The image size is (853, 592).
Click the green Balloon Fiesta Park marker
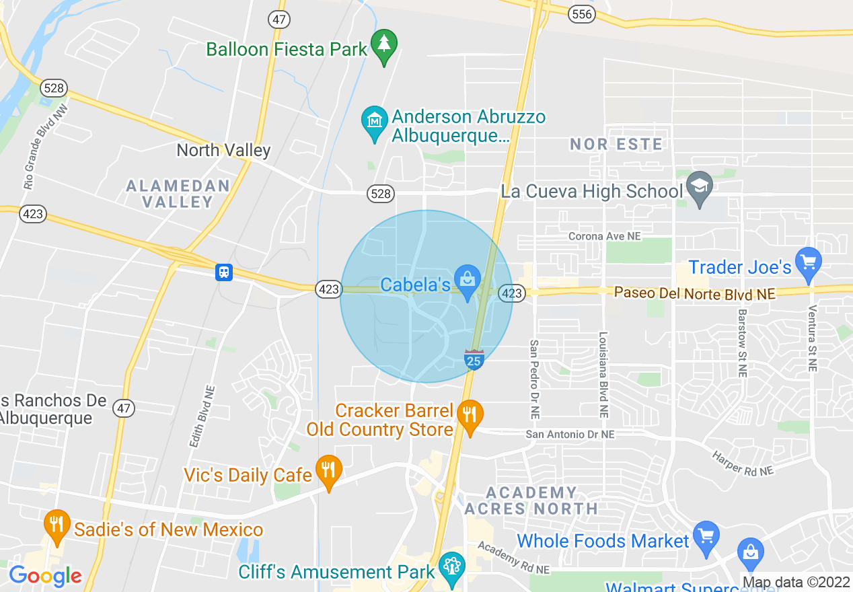[383, 45]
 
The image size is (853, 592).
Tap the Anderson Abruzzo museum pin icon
[375, 121]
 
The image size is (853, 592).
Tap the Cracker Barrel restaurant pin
[470, 415]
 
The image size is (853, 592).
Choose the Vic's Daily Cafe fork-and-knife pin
[328, 470]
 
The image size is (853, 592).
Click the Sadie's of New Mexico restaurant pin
[57, 525]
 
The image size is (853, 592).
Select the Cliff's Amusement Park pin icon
[451, 566]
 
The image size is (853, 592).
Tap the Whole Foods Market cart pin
[706, 537]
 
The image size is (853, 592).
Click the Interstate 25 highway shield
[474, 359]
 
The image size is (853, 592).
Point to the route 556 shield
[581, 13]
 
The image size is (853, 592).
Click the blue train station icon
[224, 272]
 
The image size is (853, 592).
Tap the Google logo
[45, 577]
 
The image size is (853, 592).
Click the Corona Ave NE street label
[604, 236]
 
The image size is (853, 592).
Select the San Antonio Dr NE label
[570, 435]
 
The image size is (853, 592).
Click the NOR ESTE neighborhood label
[616, 144]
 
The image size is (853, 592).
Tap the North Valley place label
[223, 150]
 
